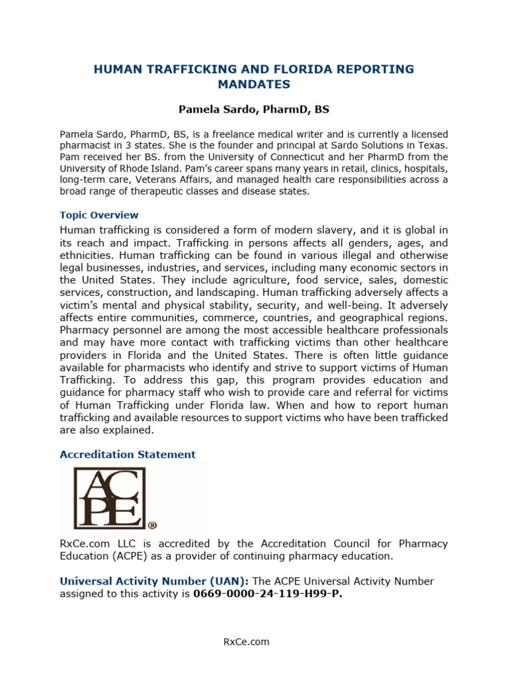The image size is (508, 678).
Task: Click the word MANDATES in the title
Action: coord(254,84)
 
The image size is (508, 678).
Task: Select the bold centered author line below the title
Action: coord(254,109)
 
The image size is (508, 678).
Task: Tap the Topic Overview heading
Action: coord(99,215)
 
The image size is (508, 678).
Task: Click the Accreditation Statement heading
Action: coord(128,454)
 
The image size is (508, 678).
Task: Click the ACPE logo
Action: coord(109,497)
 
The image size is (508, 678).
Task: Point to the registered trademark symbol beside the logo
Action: coord(152,525)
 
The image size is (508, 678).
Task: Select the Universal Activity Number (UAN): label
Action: coord(154,581)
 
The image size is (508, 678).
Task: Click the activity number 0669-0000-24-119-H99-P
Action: coord(268,594)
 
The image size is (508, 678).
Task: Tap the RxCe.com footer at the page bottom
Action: coord(254,642)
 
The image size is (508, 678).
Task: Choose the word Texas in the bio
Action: coord(432,145)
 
